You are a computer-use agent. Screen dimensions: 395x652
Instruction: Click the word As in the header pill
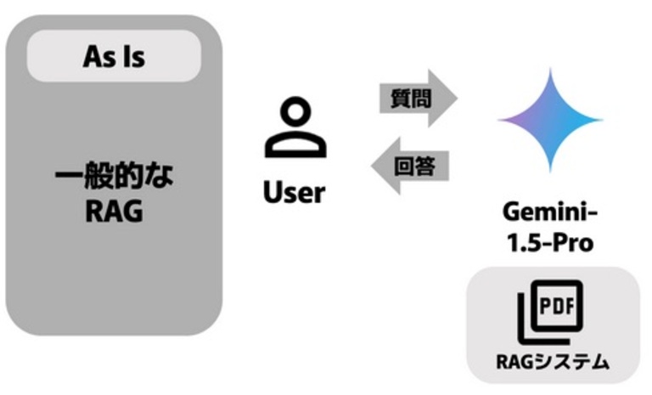coord(99,58)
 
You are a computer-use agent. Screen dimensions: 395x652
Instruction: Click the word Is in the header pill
coord(132,58)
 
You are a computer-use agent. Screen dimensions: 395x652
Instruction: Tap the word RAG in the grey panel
coord(114,212)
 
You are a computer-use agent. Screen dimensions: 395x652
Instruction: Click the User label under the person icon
coord(294,192)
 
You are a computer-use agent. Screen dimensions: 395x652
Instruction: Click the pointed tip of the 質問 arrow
coord(455,99)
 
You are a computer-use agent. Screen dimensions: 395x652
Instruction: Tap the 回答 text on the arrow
coord(416,166)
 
